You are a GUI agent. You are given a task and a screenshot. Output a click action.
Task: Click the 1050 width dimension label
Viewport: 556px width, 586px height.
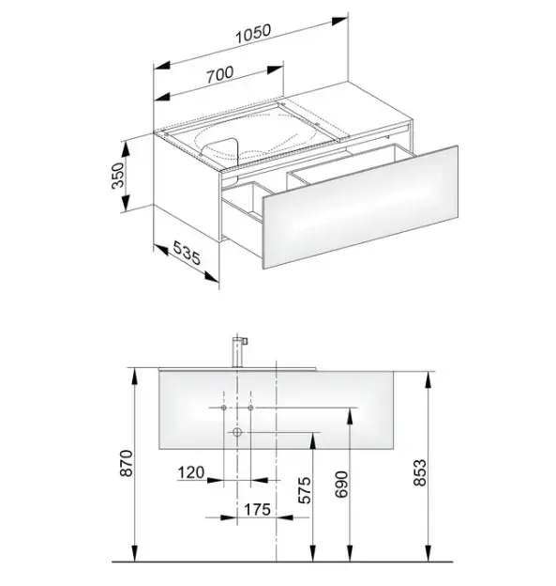coord(253,34)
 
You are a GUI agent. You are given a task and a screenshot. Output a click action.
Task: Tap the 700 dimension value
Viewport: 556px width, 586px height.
coord(220,74)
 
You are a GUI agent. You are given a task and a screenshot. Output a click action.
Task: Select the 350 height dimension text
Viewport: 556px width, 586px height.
coord(118,176)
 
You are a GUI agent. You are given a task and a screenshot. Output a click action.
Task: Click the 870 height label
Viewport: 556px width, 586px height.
coord(127,463)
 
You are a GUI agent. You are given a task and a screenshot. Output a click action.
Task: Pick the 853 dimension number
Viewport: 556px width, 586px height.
coord(420,472)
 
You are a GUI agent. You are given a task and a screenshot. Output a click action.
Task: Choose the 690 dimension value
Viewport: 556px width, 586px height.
coord(341,485)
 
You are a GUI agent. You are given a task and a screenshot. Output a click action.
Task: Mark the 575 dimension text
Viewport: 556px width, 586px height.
coord(305,490)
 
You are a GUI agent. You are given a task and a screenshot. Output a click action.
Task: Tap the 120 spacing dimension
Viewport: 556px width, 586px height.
coord(190,472)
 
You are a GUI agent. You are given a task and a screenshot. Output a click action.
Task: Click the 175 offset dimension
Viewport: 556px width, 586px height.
coord(257,509)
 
